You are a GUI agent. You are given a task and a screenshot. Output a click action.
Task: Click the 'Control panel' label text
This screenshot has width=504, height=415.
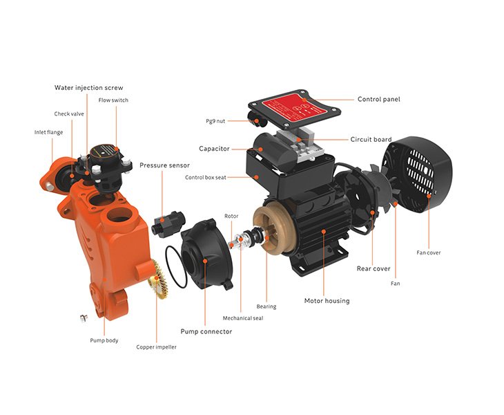pyautogui.click(x=378, y=99)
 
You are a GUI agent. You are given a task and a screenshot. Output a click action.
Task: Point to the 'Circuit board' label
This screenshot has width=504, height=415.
pyautogui.click(x=371, y=139)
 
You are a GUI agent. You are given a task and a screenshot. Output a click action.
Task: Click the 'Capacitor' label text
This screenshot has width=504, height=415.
pyautogui.click(x=214, y=149)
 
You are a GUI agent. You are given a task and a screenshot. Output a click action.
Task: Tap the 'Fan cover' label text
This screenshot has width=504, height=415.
pyautogui.click(x=428, y=252)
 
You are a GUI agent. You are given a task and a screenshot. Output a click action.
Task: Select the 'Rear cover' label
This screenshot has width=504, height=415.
pyautogui.click(x=373, y=268)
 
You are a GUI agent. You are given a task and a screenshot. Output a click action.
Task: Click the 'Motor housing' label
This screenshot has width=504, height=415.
pyautogui.click(x=327, y=300)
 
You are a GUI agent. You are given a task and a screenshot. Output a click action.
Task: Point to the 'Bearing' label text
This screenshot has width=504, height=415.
pyautogui.click(x=266, y=306)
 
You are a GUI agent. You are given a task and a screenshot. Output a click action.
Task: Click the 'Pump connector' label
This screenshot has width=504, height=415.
pyautogui.click(x=206, y=331)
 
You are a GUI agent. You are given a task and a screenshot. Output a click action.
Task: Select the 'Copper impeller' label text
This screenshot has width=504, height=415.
pyautogui.click(x=156, y=347)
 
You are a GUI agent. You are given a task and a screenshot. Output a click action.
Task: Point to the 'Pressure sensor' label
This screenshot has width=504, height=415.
pyautogui.click(x=164, y=165)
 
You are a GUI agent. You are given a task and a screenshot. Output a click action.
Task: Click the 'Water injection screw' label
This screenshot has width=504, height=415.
pyautogui.click(x=89, y=88)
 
